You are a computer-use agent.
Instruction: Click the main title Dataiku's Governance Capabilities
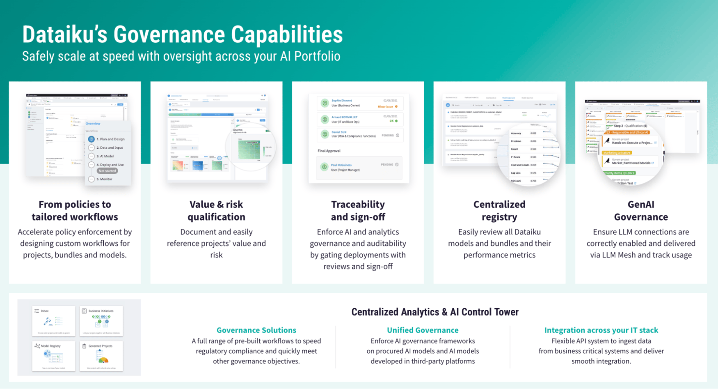182,35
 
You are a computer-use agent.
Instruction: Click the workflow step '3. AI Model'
105,156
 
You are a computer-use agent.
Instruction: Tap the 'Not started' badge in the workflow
107,171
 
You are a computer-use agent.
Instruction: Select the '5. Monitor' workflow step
104,179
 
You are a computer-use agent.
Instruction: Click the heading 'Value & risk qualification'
216,210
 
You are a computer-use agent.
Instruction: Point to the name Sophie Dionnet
341,100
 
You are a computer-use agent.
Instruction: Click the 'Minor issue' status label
385,107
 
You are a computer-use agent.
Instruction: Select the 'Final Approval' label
329,151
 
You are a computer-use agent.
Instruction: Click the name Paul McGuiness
341,165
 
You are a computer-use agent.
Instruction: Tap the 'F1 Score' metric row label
515,157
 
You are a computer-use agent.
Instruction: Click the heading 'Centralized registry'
499,210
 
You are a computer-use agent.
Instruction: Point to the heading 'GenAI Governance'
641,210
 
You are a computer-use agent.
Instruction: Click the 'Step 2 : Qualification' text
630,126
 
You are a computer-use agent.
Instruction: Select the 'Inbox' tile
54,321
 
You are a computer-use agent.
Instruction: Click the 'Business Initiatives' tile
101,321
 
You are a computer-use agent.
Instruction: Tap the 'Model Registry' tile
54,356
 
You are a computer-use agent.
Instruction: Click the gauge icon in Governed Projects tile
103,360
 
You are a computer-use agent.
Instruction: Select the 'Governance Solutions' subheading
256,330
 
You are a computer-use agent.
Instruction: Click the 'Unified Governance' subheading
423,330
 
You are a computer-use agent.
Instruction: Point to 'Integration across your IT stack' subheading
601,330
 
